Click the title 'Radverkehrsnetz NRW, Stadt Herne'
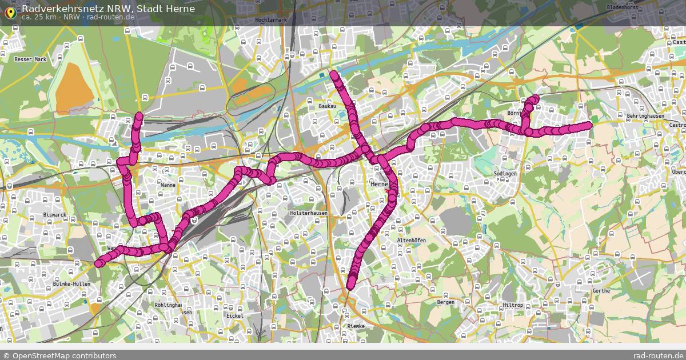[108, 9]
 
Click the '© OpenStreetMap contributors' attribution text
[59, 355]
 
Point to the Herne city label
[379, 185]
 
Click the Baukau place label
[327, 106]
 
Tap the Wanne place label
[168, 185]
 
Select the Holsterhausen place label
[309, 213]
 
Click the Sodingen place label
[505, 173]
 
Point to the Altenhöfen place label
[411, 241]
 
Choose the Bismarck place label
[55, 215]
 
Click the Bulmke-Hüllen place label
[71, 283]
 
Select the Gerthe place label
[601, 291]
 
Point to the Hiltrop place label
[513, 305]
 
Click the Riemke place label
[356, 326]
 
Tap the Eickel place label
[235, 315]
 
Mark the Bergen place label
[445, 302]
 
